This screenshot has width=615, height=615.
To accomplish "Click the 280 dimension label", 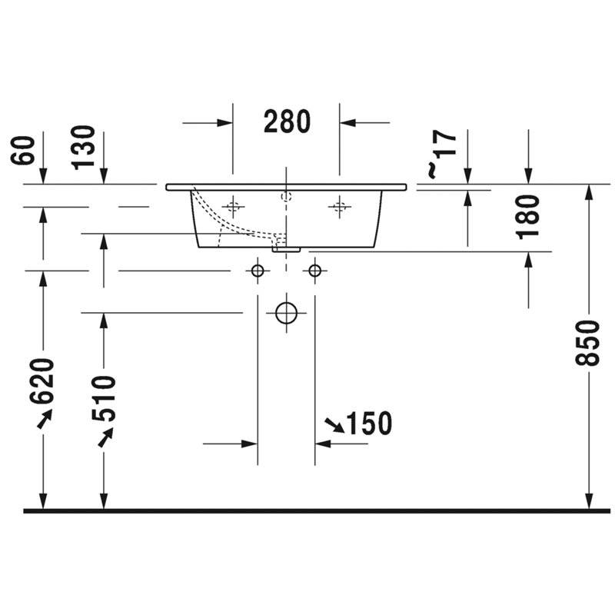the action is tap(287, 121).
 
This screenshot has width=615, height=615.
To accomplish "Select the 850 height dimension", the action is tap(587, 343).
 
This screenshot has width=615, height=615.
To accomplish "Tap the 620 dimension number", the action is tap(42, 381).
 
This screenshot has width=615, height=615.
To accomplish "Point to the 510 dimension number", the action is tap(103, 398).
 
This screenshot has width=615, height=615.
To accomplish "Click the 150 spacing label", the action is tap(370, 424).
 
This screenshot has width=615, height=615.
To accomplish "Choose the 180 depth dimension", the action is tap(528, 217).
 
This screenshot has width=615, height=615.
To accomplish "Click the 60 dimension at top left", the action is tap(23, 150).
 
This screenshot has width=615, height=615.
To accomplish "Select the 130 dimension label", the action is tap(84, 148).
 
